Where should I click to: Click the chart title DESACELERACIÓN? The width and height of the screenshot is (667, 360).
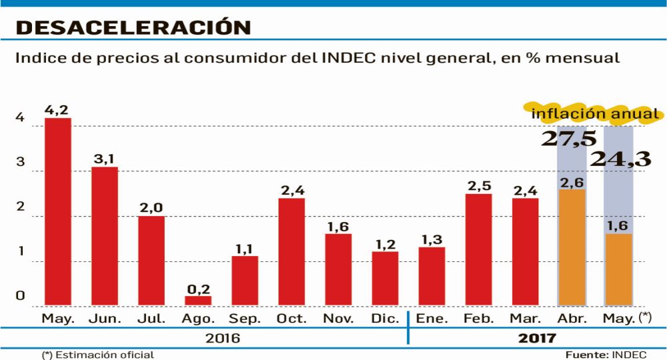click(x=133, y=27)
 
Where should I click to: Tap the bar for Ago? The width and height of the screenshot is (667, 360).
click(x=198, y=301)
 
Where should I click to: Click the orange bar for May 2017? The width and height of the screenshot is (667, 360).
click(x=618, y=270)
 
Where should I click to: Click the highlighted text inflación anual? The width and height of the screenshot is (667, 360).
click(x=595, y=114)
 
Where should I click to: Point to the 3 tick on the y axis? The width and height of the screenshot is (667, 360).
click(x=21, y=162)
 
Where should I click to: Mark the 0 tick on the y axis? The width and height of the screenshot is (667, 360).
click(x=21, y=296)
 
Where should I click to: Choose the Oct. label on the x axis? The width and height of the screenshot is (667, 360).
click(x=291, y=319)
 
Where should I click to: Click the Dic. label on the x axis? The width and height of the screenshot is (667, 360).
click(x=385, y=319)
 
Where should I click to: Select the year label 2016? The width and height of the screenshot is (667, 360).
click(x=223, y=338)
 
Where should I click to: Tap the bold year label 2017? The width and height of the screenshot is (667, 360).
click(x=537, y=338)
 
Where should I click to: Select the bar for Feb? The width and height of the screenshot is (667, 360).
click(x=478, y=250)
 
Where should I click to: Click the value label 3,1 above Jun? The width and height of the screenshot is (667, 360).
click(x=105, y=158)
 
